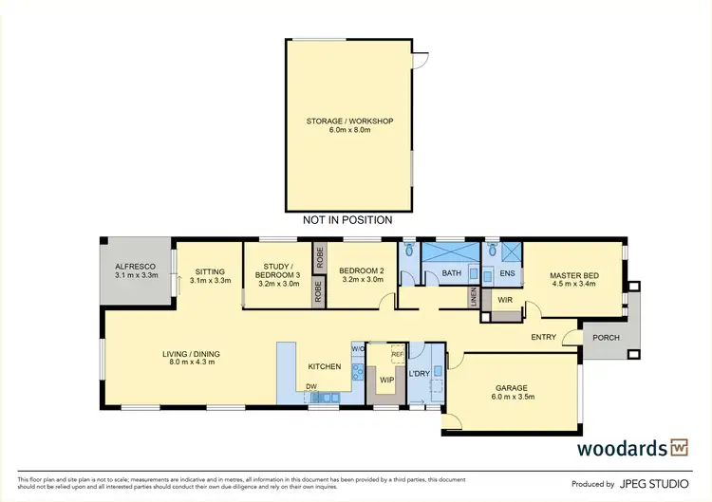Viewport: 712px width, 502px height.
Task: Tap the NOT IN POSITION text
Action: pyautogui.click(x=349, y=220)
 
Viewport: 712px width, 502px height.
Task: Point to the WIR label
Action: pyautogui.click(x=504, y=300)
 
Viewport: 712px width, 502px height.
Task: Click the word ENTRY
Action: pyautogui.click(x=544, y=337)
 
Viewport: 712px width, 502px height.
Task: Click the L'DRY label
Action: pyautogui.click(x=419, y=373)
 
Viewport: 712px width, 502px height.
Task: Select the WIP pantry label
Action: pyautogui.click(x=386, y=380)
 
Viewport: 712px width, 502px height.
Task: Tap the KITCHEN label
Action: pyautogui.click(x=325, y=365)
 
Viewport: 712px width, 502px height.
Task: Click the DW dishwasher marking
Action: pyautogui.click(x=310, y=386)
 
